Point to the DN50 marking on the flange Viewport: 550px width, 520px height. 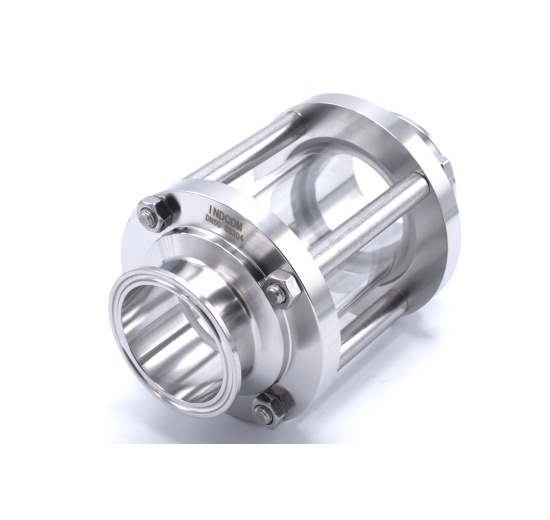(213, 213)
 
